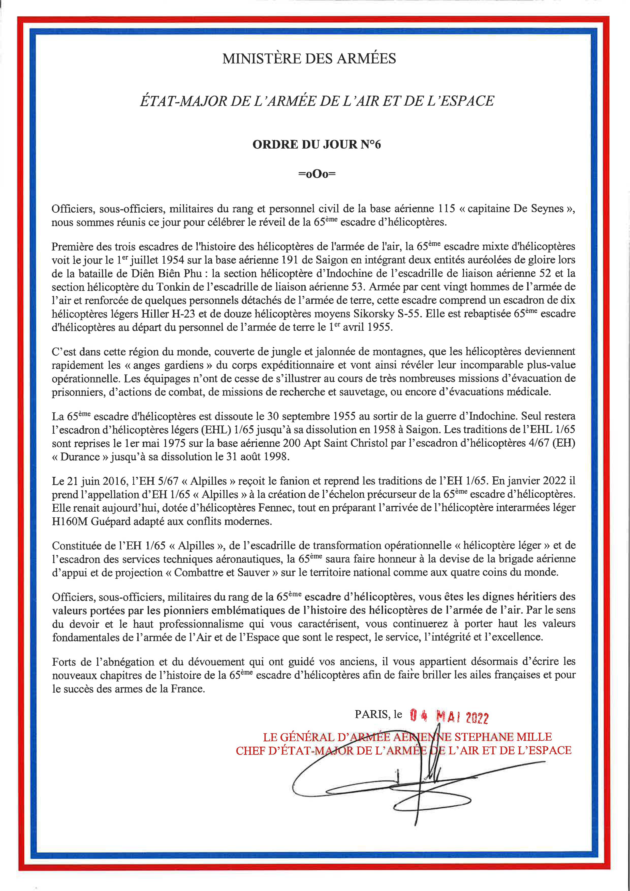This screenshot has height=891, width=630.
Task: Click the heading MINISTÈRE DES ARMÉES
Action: tap(309, 59)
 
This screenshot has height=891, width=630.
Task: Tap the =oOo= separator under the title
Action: tap(317, 174)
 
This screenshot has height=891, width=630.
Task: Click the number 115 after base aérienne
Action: tap(446, 209)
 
